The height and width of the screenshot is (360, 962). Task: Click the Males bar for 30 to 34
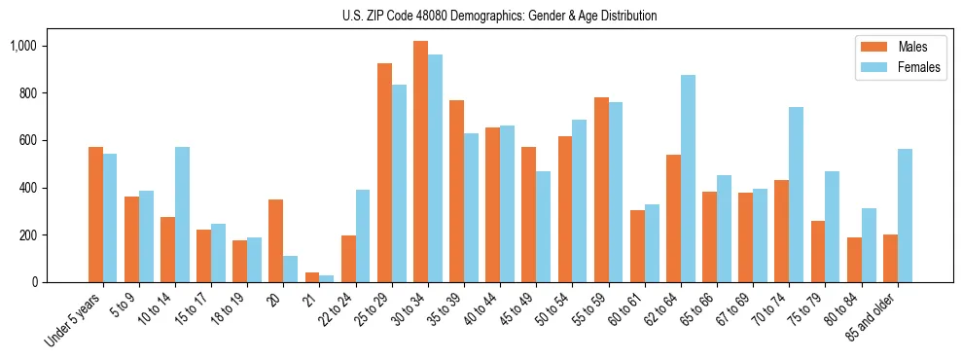420,162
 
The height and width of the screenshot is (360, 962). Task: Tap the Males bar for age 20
275,240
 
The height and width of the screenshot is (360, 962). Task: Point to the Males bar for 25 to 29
384,172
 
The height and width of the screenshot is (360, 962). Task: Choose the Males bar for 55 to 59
601,190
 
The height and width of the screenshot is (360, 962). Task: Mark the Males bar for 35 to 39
456,191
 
